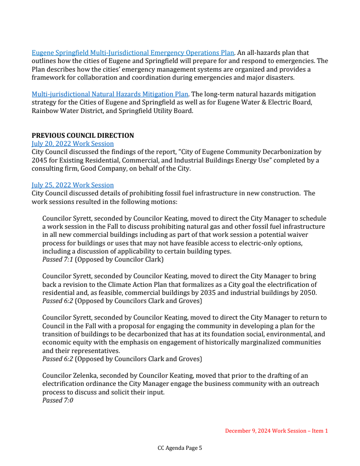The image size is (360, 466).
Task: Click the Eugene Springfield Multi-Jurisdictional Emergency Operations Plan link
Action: pyautogui.click(x=133, y=53)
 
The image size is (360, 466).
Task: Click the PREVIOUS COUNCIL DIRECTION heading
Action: pyautogui.click(x=83, y=136)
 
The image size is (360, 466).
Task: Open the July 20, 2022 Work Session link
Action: pyautogui.click(x=72, y=144)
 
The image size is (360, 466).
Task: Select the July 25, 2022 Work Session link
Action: pyautogui.click(x=72, y=185)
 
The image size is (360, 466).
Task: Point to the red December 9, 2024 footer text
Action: pyautogui.click(x=276, y=431)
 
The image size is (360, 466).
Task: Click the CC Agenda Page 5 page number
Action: pyautogui.click(x=180, y=448)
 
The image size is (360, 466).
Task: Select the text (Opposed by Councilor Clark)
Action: pyautogui.click(x=119, y=259)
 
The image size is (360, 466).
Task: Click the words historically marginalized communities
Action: pyautogui.click(x=265, y=342)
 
